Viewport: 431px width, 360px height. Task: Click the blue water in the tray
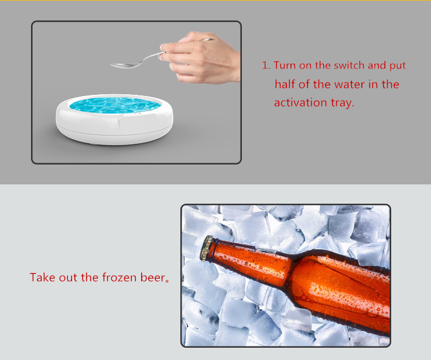115,105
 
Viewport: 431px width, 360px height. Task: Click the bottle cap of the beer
207,248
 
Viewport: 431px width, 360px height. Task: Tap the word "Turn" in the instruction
285,66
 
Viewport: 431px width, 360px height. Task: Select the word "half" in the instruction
285,84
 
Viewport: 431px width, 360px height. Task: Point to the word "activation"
300,103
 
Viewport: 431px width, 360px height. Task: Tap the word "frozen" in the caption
119,277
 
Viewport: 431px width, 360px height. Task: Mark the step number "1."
266,66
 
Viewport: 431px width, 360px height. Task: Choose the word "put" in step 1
398,66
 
